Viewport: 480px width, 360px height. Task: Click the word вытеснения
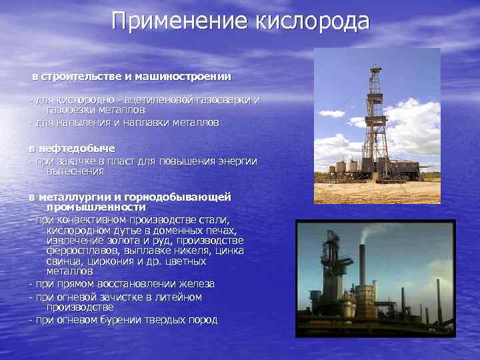pyautogui.click(x=75, y=171)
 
